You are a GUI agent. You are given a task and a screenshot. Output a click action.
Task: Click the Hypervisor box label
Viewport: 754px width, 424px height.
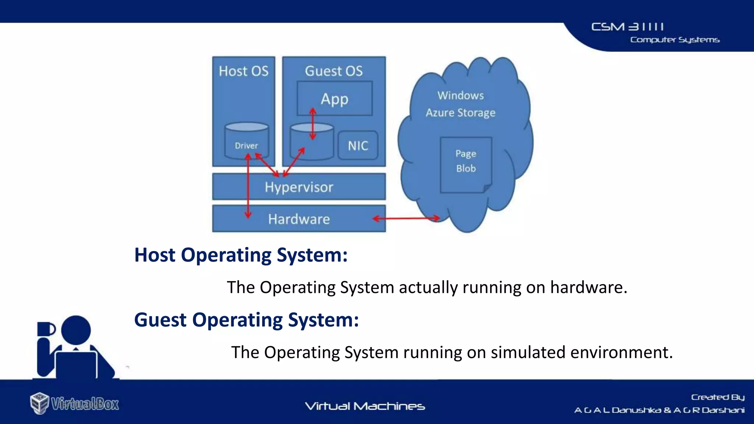[x=299, y=187]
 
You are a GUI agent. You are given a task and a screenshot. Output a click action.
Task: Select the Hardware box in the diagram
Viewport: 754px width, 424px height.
[x=299, y=219]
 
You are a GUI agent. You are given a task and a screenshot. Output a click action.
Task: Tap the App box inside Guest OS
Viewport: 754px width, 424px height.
[x=334, y=99]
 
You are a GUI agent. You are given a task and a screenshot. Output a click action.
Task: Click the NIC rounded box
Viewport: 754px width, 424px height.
[x=358, y=146]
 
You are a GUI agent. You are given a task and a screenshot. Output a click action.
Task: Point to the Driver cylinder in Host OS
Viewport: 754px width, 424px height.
[x=246, y=142]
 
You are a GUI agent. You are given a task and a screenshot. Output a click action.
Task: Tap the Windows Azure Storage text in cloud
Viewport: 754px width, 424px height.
[x=460, y=104]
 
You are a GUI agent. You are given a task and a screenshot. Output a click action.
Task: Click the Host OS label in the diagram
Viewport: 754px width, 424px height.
[x=243, y=71]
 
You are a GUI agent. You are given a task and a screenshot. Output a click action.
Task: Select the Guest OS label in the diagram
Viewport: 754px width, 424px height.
[x=334, y=71]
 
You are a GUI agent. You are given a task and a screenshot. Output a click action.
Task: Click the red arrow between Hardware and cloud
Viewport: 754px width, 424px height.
[x=406, y=219]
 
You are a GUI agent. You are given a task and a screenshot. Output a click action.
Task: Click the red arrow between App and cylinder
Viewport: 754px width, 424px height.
[x=313, y=124]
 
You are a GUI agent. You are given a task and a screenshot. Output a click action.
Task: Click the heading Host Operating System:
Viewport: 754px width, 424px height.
[x=241, y=255]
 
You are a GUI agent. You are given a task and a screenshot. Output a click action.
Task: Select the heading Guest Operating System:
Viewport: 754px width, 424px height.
[x=246, y=320]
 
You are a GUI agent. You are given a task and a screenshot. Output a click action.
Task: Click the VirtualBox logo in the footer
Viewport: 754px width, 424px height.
[x=75, y=403]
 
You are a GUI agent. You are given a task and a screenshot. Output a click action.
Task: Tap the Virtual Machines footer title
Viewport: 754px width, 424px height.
[x=365, y=406]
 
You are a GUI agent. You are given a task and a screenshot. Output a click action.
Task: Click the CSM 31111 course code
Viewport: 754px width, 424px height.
[x=627, y=27]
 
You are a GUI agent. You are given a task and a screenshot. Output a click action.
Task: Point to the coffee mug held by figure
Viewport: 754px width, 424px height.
[x=46, y=329]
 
